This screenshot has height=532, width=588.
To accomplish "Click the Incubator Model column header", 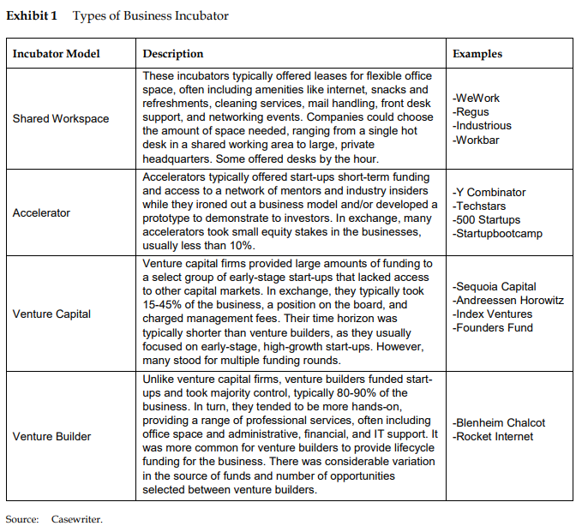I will (56, 54).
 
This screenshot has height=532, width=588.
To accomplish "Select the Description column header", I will (173, 54).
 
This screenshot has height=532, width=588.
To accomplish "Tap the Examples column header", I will (477, 54).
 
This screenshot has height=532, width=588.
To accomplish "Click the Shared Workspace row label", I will (61, 119).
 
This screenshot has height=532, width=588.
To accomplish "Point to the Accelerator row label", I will (41, 212).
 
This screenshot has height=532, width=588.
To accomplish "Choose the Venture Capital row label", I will (51, 314).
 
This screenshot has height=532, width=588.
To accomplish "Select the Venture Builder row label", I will (51, 437).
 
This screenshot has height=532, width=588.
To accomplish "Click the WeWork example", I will (478, 99).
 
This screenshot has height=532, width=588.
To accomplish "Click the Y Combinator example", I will (489, 193).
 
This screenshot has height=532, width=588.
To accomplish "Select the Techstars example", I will (480, 206).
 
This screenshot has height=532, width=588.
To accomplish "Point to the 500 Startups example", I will (486, 220).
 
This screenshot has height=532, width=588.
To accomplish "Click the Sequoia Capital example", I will (495, 287).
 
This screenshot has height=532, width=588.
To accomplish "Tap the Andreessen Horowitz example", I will (508, 301).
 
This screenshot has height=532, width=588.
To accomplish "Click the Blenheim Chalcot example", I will (499, 423).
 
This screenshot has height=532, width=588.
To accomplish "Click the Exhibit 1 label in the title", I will (33, 16).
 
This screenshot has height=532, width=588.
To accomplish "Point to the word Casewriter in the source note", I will (76, 518).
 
